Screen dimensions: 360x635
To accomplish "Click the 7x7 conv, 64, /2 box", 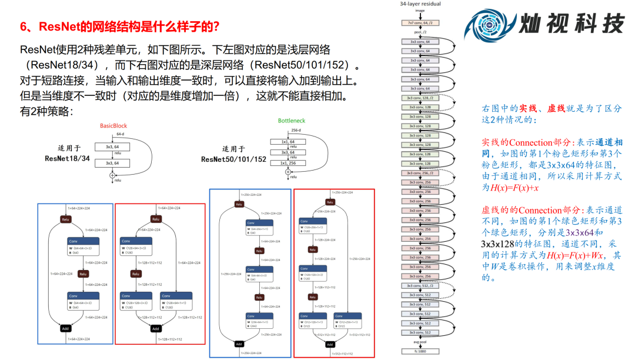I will click(420, 22).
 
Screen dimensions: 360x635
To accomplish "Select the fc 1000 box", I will click(420, 351).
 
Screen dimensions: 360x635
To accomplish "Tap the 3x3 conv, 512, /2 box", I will click(420, 285).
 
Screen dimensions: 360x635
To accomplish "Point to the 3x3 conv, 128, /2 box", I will click(420, 98).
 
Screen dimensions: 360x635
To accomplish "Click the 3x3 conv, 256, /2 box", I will click(420, 173).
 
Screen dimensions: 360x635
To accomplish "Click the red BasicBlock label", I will click(113, 126).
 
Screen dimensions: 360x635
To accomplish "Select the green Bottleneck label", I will click(292, 121).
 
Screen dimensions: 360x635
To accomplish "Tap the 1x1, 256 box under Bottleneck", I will click(288, 163).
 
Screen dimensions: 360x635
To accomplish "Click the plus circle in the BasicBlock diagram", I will click(112, 175).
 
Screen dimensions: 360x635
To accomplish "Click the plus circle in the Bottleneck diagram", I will click(288, 172).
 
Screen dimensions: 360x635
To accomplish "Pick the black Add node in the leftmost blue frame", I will click(65, 328).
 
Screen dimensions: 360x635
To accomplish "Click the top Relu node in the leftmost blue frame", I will click(65, 219).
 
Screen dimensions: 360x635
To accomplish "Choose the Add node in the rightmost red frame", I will click(330, 345).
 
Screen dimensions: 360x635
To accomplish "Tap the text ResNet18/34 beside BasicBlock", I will click(68, 158).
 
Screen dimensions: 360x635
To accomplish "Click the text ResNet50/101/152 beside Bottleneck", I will click(233, 159).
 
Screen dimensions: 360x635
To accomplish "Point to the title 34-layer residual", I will click(420, 4).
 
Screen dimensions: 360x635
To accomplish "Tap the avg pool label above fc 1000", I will click(420, 342).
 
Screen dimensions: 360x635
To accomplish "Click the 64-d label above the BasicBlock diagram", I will click(120, 135).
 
